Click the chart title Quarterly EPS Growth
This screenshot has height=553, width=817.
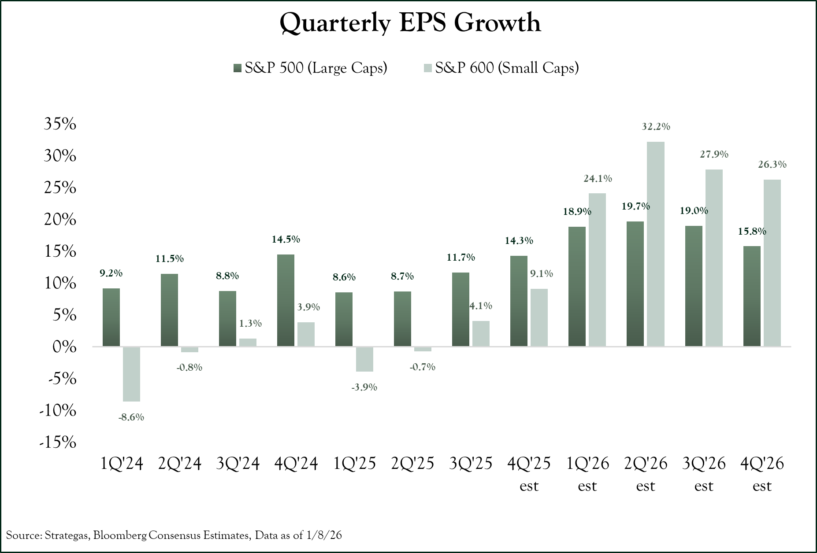pos(410,23)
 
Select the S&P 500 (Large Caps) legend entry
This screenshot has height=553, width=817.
pos(310,68)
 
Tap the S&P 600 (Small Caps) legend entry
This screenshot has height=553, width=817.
pos(501,68)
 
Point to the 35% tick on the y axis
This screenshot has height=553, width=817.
pos(60,124)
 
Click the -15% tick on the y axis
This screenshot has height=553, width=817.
pos(58,442)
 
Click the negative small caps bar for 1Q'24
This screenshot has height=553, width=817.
pos(131,374)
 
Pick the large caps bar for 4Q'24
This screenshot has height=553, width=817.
pos(286,300)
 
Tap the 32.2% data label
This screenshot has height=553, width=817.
pos(656,127)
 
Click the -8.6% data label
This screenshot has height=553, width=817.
pos(131,417)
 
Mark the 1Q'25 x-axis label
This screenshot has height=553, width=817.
pos(355,463)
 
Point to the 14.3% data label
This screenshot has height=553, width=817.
pos(519,240)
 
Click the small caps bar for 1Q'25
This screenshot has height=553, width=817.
pos(364,359)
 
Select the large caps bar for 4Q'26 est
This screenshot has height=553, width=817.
pos(752,296)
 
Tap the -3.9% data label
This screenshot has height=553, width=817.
pos(364,387)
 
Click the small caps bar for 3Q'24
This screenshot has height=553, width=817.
pos(248,342)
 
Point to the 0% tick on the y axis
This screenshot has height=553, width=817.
pos(64,347)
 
